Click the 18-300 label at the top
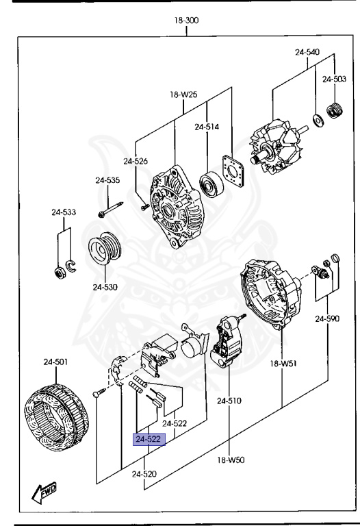pyautogui.click(x=186, y=21)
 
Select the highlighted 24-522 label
pyautogui.click(x=149, y=439)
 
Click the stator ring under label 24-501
pyautogui.click(x=56, y=418)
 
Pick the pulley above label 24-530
pyautogui.click(x=105, y=248)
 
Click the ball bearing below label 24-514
pyautogui.click(x=211, y=184)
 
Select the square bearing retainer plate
pyautogui.click(x=233, y=171)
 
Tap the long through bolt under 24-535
pyautogui.click(x=111, y=210)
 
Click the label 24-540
pyautogui.click(x=307, y=52)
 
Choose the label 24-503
pyautogui.click(x=334, y=79)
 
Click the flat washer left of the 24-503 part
pyautogui.click(x=318, y=121)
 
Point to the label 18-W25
pyautogui.click(x=183, y=95)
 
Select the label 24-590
pyautogui.click(x=327, y=318)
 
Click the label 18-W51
pyautogui.click(x=283, y=363)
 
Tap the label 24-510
pyautogui.click(x=229, y=401)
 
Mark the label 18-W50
pyautogui.click(x=231, y=460)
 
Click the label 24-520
pyautogui.click(x=144, y=474)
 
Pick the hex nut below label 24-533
pyautogui.click(x=60, y=273)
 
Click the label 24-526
pyautogui.click(x=136, y=162)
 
